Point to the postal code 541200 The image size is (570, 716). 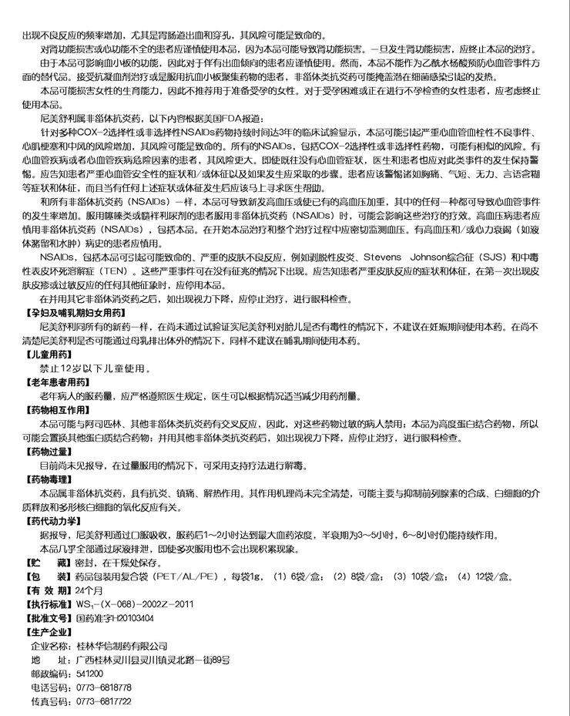click(89, 674)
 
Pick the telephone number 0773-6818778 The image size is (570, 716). click(103, 687)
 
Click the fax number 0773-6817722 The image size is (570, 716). click(103, 701)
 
